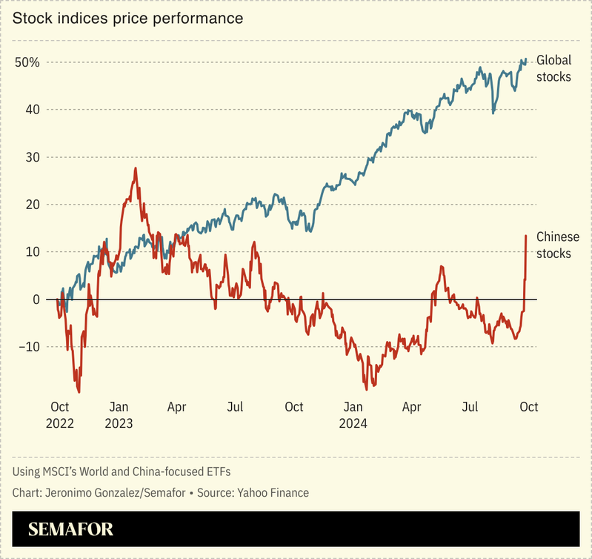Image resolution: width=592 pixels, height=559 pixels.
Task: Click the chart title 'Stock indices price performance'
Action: pyautogui.click(x=127, y=18)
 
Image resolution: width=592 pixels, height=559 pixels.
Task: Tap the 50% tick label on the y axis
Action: pyautogui.click(x=27, y=62)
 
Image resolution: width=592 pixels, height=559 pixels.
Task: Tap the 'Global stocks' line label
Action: pyautogui.click(x=553, y=67)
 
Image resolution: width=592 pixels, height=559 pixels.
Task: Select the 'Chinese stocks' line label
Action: pyautogui.click(x=557, y=245)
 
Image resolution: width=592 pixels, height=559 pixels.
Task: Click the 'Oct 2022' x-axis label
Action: pyautogui.click(x=59, y=415)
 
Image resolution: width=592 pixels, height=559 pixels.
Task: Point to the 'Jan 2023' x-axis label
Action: pyautogui.click(x=119, y=415)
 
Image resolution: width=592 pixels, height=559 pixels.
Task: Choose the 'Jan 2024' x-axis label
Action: pyautogui.click(x=353, y=415)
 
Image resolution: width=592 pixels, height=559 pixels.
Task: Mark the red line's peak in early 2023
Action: pyautogui.click(x=136, y=168)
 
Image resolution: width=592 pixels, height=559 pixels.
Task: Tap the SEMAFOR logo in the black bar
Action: pyautogui.click(x=71, y=530)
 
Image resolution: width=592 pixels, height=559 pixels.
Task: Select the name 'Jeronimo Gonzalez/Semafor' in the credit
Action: pyautogui.click(x=112, y=493)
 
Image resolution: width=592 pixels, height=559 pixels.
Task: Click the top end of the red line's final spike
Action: pyautogui.click(x=526, y=236)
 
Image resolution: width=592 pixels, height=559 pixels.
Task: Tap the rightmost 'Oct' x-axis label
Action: pyautogui.click(x=528, y=407)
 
